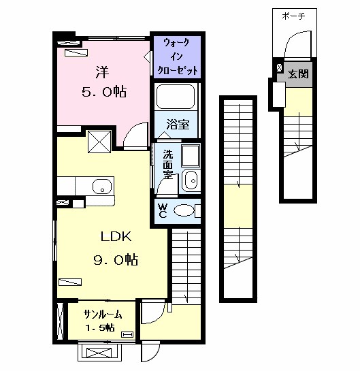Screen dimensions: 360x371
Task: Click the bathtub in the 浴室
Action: coord(176,97)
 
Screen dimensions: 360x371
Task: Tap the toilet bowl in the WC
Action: coord(184,210)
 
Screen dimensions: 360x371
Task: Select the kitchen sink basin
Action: coord(102,187)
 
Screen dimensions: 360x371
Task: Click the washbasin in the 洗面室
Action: coord(191,180)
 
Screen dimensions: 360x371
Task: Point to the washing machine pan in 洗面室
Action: coord(191,156)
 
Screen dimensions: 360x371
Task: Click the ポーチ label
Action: coord(293,16)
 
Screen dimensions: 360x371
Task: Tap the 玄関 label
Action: coord(298,74)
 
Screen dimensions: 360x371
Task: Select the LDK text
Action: coord(116,236)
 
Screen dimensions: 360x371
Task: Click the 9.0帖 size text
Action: coord(116,260)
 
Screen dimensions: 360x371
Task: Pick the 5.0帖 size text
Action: coord(104,92)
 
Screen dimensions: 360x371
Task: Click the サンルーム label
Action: coord(102,314)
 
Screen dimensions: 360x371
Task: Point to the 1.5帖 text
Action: coord(99,327)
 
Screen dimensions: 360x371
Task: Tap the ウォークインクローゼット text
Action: coord(177,57)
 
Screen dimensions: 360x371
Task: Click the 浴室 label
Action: coord(178,125)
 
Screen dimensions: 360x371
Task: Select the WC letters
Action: coord(163,211)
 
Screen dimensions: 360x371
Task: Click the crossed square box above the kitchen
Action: coord(99,142)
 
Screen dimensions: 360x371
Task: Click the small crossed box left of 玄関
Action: coord(279,68)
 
